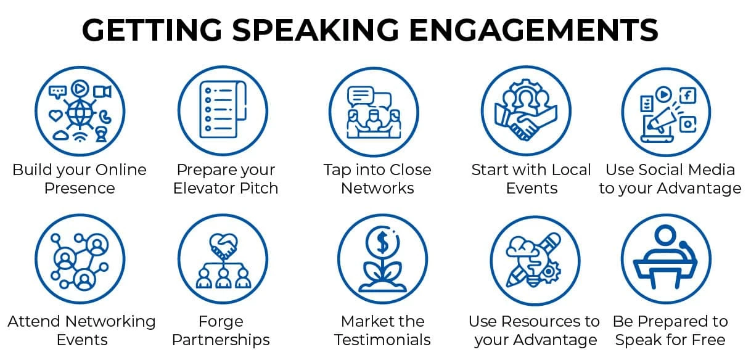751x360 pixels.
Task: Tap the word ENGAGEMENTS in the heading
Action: [538, 30]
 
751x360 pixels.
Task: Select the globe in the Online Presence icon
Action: [79, 113]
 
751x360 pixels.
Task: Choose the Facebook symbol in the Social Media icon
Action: [687, 95]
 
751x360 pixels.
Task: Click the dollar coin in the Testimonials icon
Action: [383, 242]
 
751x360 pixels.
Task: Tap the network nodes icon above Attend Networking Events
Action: [80, 260]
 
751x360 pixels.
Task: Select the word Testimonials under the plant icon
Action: [382, 340]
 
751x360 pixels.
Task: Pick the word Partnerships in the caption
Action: [221, 340]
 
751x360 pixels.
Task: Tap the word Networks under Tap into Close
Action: [377, 188]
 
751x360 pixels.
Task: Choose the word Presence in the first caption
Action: [80, 188]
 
